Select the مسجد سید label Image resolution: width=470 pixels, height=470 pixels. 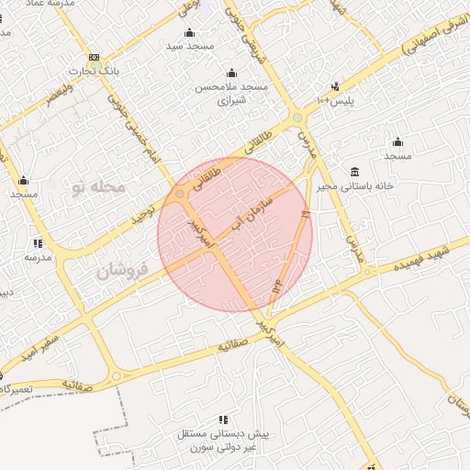(189, 45)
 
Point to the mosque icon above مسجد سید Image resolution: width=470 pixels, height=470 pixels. (189, 32)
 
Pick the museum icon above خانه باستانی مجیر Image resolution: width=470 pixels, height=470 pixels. (354, 173)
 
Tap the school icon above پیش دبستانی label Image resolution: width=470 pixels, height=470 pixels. (224, 420)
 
